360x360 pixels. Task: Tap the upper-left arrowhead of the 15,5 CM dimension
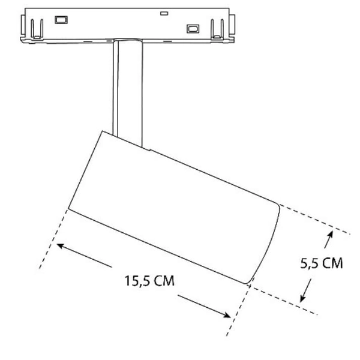point(60,245)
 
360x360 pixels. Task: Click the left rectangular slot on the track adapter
point(61,19)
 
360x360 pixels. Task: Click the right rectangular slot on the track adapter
point(193,28)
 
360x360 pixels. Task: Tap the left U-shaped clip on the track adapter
point(36,26)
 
